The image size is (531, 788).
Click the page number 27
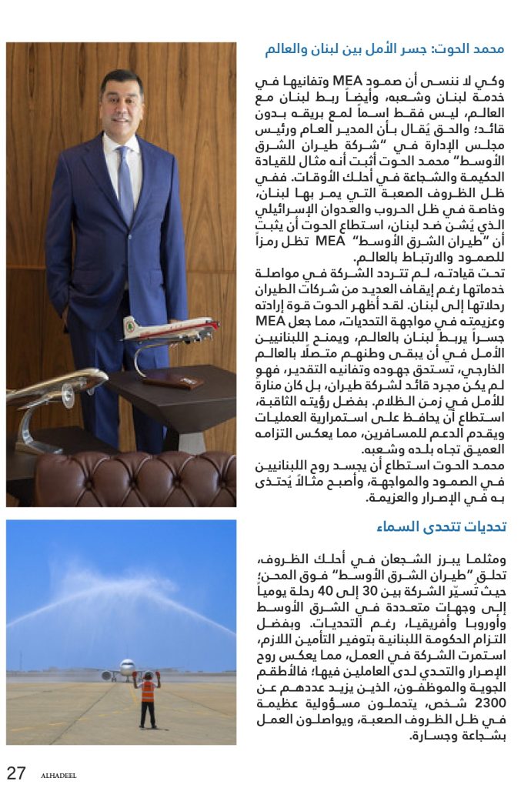coord(16,772)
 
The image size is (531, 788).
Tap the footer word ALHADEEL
coord(58,775)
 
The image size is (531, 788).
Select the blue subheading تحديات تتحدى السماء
coord(441,527)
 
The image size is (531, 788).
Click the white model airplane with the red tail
coord(172,329)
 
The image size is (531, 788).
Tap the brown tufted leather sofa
coord(139,477)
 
